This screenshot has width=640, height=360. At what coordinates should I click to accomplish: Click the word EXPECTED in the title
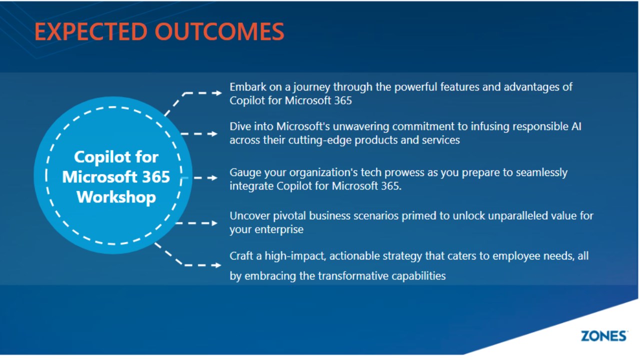click(x=91, y=31)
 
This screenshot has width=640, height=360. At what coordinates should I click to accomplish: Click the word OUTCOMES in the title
click(x=219, y=31)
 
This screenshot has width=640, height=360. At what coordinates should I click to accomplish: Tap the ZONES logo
click(x=604, y=336)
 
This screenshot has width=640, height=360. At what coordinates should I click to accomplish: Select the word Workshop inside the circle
click(x=116, y=197)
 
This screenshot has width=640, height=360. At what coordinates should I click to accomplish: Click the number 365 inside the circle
click(x=156, y=177)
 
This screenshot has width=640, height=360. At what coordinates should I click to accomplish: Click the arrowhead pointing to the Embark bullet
click(x=218, y=93)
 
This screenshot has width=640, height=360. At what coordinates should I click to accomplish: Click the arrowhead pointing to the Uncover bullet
click(x=214, y=223)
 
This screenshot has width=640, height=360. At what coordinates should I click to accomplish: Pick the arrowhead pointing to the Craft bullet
click(x=217, y=265)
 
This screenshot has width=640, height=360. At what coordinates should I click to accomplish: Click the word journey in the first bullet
click(x=311, y=87)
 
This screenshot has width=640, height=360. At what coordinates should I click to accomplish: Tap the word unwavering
click(x=361, y=126)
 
